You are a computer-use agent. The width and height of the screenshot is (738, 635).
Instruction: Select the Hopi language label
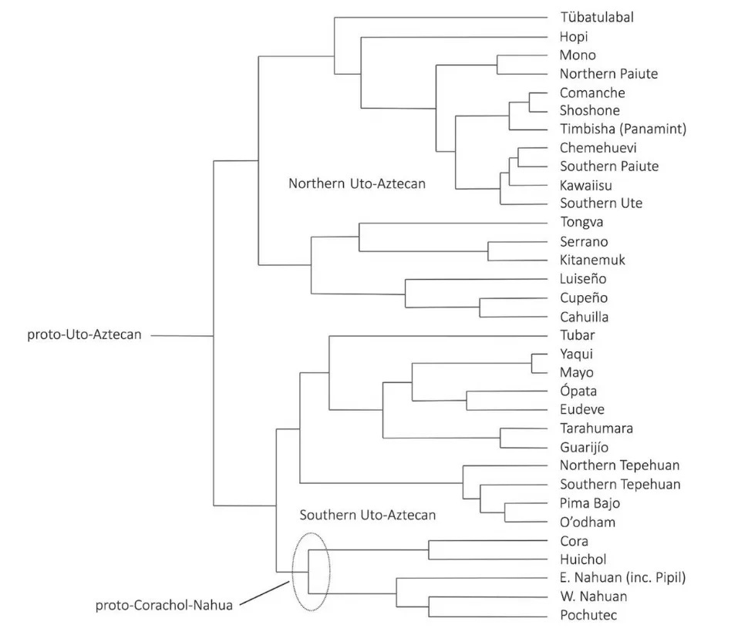(574, 36)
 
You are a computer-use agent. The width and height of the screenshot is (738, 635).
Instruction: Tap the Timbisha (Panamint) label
(622, 129)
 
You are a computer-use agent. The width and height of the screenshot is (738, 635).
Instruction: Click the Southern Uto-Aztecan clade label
(368, 515)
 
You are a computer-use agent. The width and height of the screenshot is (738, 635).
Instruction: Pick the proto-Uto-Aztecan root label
(84, 335)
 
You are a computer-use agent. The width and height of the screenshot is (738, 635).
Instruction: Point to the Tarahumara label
(596, 428)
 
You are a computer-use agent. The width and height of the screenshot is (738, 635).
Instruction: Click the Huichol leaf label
(582, 559)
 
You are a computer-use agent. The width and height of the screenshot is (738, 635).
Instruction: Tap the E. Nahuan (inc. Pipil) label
(623, 578)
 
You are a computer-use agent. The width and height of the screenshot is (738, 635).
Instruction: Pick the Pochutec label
(588, 615)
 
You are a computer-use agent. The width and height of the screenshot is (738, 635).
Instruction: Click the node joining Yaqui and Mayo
(532, 363)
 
